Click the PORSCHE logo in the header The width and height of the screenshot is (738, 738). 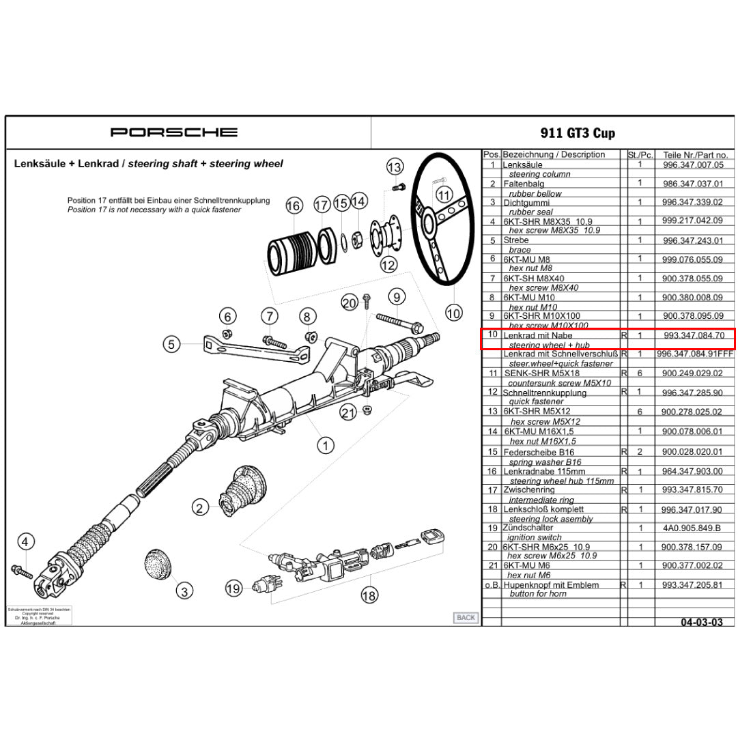click(x=174, y=132)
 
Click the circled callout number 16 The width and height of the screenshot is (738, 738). click(x=294, y=205)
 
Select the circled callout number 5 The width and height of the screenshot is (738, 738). click(x=172, y=344)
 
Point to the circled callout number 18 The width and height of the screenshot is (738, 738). click(x=369, y=595)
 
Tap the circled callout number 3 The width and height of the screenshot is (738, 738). click(x=184, y=591)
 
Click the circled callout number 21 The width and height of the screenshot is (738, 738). click(x=348, y=412)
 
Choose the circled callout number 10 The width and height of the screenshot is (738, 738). click(x=453, y=313)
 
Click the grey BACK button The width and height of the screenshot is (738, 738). click(x=466, y=617)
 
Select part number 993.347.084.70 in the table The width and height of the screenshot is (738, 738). click(x=694, y=336)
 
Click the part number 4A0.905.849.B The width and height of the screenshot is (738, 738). click(x=692, y=528)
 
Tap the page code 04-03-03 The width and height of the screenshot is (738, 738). click(x=701, y=622)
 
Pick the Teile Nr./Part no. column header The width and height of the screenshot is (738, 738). click(x=695, y=155)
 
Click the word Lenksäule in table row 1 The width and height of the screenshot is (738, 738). click(x=523, y=165)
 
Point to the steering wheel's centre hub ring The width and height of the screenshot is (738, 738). click(x=430, y=223)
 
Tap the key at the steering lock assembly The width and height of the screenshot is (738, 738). click(x=431, y=536)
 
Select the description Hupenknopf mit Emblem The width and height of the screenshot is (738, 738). click(x=551, y=585)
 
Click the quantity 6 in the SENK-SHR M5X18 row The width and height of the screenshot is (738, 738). click(x=640, y=373)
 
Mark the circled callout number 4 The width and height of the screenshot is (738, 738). click(x=26, y=542)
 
